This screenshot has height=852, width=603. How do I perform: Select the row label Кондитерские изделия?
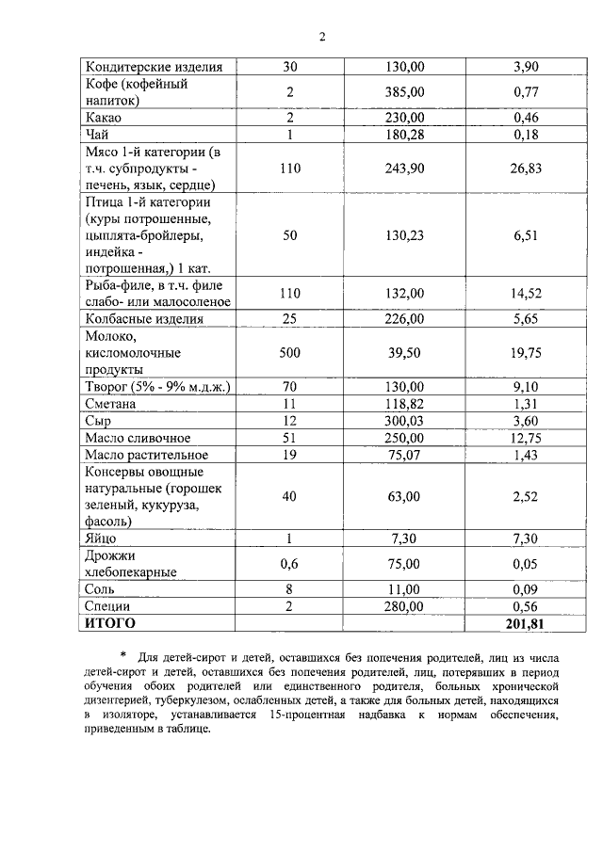[x=154, y=67]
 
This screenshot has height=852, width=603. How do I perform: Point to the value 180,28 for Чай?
[x=405, y=135]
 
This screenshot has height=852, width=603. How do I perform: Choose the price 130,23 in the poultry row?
[x=405, y=235]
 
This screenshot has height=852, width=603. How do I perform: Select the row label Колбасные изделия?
[x=144, y=319]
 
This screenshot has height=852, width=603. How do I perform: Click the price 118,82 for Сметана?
[x=405, y=404]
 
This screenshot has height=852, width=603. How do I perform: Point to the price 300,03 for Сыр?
[x=405, y=421]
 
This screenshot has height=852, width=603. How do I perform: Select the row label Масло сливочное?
[x=138, y=438]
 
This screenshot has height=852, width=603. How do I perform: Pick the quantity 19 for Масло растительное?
[x=290, y=455]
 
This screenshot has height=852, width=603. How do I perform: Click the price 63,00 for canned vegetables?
[x=405, y=496]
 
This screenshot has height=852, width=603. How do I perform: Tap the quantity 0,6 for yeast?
[x=290, y=563]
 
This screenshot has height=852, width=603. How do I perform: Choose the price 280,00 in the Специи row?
[x=405, y=606]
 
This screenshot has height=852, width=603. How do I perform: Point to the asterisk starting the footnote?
[x=122, y=656]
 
